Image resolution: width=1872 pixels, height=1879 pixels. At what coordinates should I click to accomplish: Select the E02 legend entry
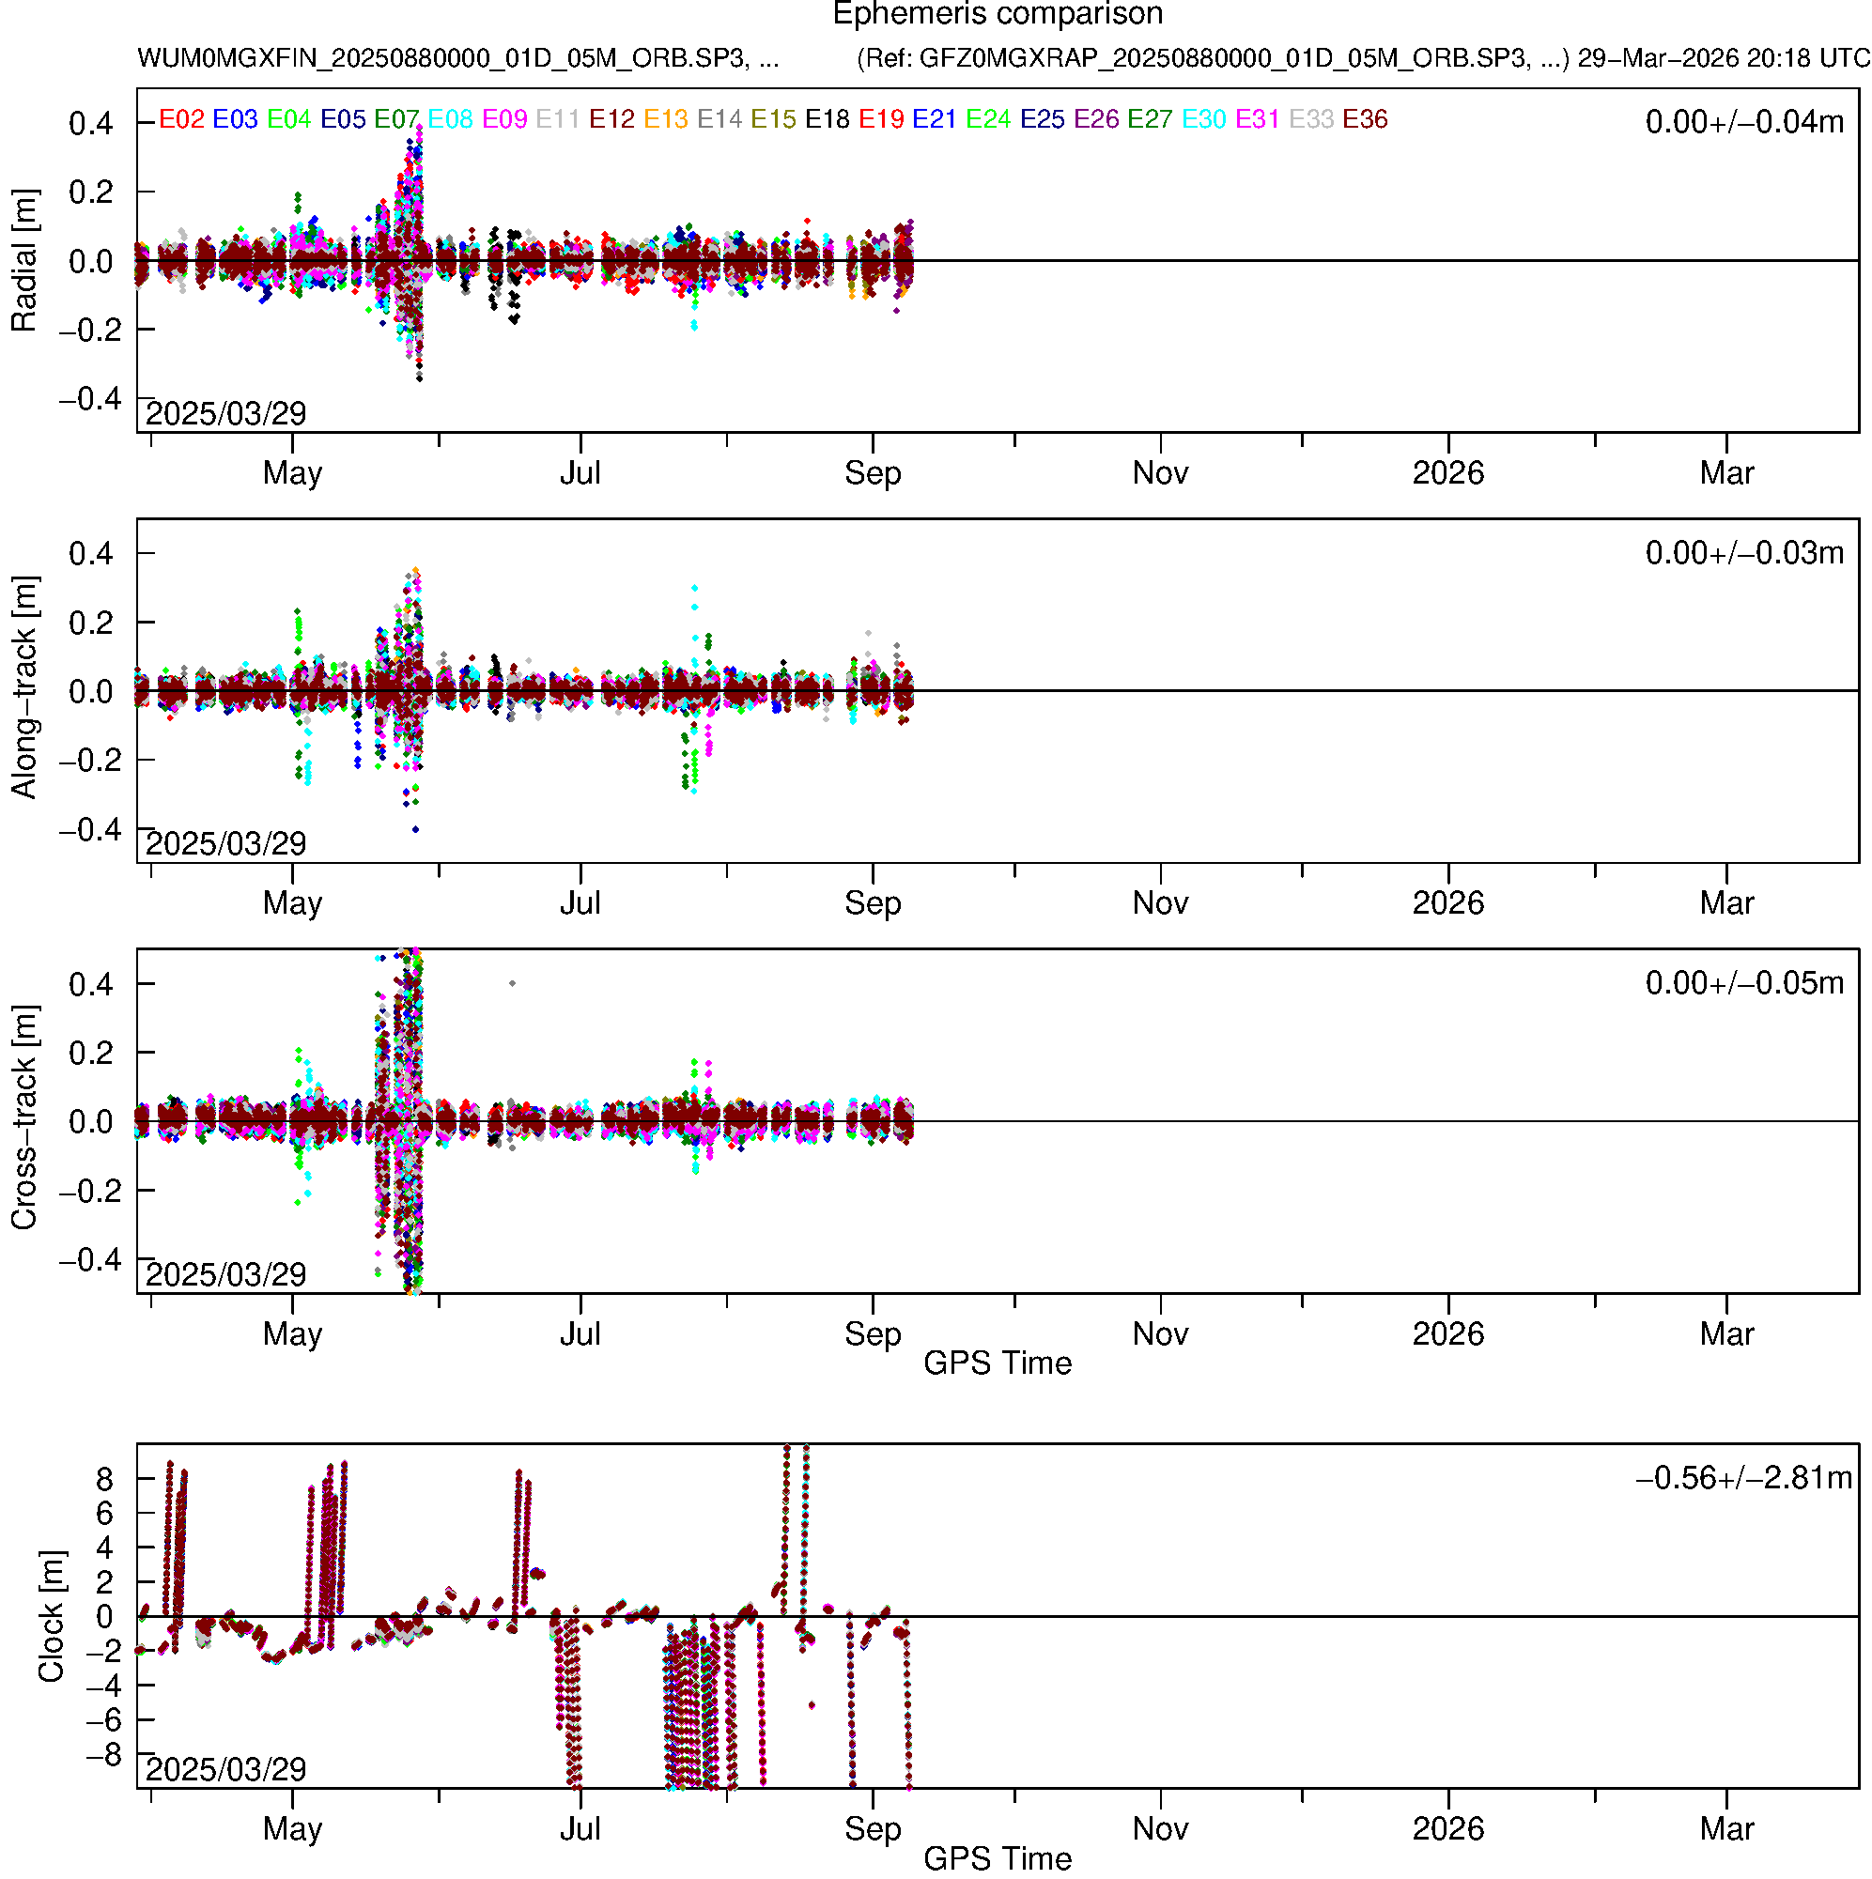[x=182, y=119]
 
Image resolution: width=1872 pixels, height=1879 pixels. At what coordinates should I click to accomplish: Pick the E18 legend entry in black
[x=827, y=119]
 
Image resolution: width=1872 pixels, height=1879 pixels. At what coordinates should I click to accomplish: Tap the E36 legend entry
[x=1364, y=119]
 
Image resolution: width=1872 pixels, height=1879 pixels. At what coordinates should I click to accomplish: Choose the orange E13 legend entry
[x=666, y=119]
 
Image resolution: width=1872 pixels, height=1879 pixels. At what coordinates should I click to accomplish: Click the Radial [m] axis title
[x=24, y=261]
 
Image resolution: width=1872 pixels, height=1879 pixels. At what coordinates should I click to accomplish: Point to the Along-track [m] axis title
[x=24, y=687]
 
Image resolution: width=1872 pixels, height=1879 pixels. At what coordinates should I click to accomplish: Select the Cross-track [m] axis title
[x=24, y=1118]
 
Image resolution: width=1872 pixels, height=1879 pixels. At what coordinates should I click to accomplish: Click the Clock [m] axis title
[x=51, y=1615]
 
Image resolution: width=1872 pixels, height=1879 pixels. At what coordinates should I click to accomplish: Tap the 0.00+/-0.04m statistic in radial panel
[x=1743, y=122]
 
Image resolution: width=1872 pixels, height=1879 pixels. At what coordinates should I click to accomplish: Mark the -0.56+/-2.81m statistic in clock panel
[x=1743, y=1478]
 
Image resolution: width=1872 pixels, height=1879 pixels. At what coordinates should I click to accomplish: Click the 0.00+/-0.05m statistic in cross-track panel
[x=1743, y=983]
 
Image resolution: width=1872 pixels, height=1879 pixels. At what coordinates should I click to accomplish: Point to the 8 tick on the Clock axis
[x=104, y=1479]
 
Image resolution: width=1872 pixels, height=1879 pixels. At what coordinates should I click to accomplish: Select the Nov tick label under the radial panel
[x=1160, y=473]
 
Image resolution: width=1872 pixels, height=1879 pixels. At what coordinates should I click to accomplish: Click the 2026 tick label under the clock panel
[x=1447, y=1829]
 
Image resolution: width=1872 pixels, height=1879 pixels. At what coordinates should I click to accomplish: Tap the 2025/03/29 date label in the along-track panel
[x=225, y=843]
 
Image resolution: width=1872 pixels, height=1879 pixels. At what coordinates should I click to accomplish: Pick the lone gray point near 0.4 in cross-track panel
[x=513, y=983]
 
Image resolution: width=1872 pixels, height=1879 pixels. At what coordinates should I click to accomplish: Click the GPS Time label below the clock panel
[x=998, y=1858]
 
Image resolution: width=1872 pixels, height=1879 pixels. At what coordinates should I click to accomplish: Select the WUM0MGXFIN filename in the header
[x=457, y=58]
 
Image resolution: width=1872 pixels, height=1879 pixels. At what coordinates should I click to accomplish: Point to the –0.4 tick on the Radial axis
[x=90, y=399]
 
